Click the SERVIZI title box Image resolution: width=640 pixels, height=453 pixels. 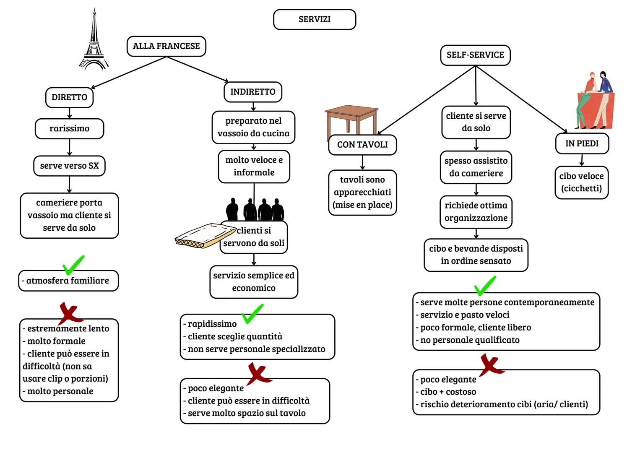point(315,20)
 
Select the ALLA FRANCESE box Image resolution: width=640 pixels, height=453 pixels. point(167,46)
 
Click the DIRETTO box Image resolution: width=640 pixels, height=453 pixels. point(69,97)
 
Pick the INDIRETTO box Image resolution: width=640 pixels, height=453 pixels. point(253,92)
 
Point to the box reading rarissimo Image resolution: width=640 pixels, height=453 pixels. point(69,129)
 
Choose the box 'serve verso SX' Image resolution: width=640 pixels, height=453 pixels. point(69,166)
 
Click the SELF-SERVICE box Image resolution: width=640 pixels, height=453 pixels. point(475,55)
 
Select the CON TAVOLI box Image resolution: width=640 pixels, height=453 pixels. point(362,145)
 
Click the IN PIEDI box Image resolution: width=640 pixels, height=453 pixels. point(582,143)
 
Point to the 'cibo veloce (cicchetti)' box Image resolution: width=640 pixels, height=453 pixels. point(581,182)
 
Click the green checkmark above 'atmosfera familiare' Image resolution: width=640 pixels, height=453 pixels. point(73,265)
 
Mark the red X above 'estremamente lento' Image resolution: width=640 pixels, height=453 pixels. point(70,313)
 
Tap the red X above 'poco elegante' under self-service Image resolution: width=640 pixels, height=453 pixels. point(491,364)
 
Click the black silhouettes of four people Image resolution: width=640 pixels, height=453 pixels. point(255,209)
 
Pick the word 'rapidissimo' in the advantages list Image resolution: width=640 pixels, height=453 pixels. point(212,324)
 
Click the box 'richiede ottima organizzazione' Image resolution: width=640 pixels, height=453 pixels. point(476,212)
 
